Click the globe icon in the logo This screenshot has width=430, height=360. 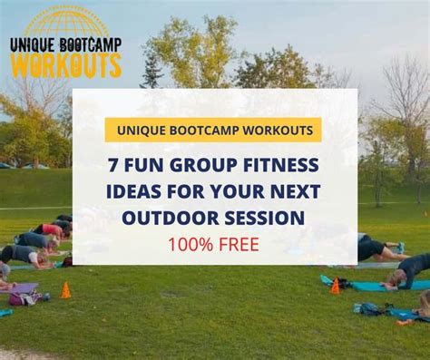pos(65,21)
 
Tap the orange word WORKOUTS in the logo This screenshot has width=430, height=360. pos(65,63)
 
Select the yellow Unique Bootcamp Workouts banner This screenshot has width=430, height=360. pos(213,130)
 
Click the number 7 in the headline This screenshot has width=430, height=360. pos(113,165)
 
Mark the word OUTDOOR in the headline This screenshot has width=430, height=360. pos(170,218)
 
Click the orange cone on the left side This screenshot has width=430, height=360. pos(65,291)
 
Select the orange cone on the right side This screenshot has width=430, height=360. pos(335,286)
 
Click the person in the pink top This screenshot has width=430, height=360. pos(50,230)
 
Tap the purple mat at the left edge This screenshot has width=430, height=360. pos(22,288)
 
